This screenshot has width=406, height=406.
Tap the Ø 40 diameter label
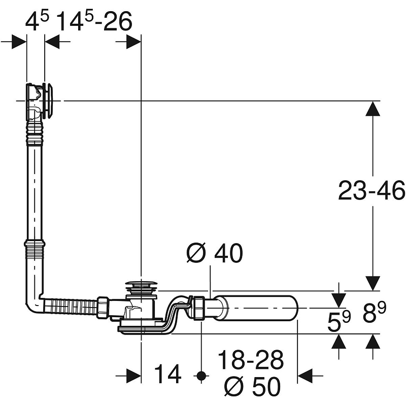click(215, 253)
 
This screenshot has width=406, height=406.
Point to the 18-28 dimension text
click(251, 360)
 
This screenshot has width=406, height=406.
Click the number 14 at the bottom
click(168, 374)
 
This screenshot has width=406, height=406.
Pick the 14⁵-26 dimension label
click(94, 21)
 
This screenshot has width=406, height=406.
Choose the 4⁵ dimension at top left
click(37, 21)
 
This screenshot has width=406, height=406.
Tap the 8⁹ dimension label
click(375, 313)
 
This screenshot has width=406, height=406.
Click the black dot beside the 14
click(201, 375)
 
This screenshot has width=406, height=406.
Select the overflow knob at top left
click(48, 100)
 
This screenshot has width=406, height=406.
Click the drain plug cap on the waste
click(141, 284)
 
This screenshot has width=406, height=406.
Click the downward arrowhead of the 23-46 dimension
click(373, 283)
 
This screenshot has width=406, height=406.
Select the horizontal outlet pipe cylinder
click(256, 308)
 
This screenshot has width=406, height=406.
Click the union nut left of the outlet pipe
click(200, 308)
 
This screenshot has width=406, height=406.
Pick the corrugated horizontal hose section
click(71, 306)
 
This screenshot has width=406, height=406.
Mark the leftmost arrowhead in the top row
click(19, 42)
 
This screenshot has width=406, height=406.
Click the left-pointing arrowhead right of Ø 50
click(306, 375)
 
